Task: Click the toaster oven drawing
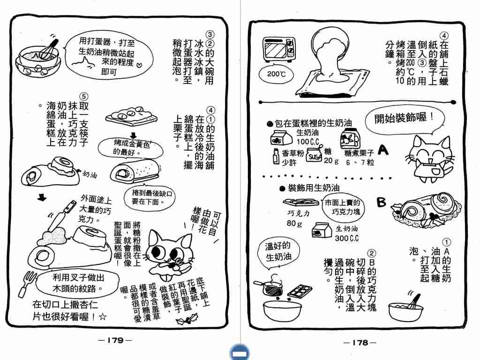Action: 279,49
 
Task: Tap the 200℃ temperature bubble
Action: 276,75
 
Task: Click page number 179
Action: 115,340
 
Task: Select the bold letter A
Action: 383,150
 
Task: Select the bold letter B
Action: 381,202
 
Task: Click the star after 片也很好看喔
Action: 103,316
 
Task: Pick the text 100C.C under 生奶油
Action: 307,142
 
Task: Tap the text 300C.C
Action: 346,238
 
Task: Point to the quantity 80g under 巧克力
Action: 294,223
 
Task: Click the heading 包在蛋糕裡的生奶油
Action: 309,123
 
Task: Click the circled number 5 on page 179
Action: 83,97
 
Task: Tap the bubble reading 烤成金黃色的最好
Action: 131,148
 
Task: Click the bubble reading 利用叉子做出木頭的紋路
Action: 78,283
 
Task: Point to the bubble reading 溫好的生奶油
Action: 278,252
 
